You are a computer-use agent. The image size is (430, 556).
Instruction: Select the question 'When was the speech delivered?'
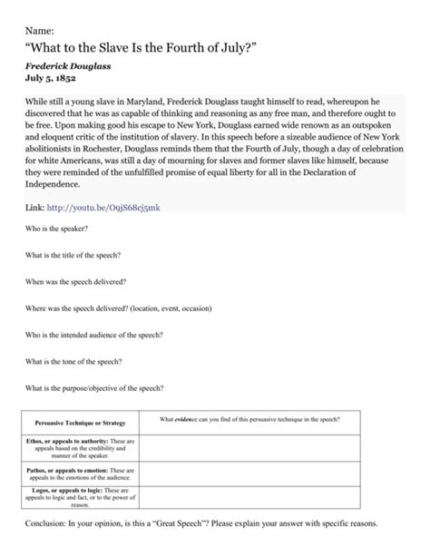[75, 282]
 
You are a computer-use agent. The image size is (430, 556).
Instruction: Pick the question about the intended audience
[93, 335]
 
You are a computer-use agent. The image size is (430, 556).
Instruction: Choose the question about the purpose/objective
[93, 387]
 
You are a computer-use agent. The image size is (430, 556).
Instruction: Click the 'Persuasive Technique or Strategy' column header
[80, 423]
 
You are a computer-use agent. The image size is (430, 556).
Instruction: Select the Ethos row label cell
[80, 449]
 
